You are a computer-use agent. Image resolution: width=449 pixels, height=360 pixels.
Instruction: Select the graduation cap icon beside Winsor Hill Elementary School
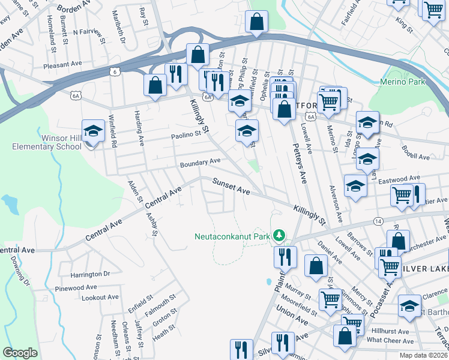coord(93,131)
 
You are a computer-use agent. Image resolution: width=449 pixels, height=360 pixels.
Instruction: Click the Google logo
coord(20,353)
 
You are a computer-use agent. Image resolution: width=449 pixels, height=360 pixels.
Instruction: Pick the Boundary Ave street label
coord(200,162)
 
